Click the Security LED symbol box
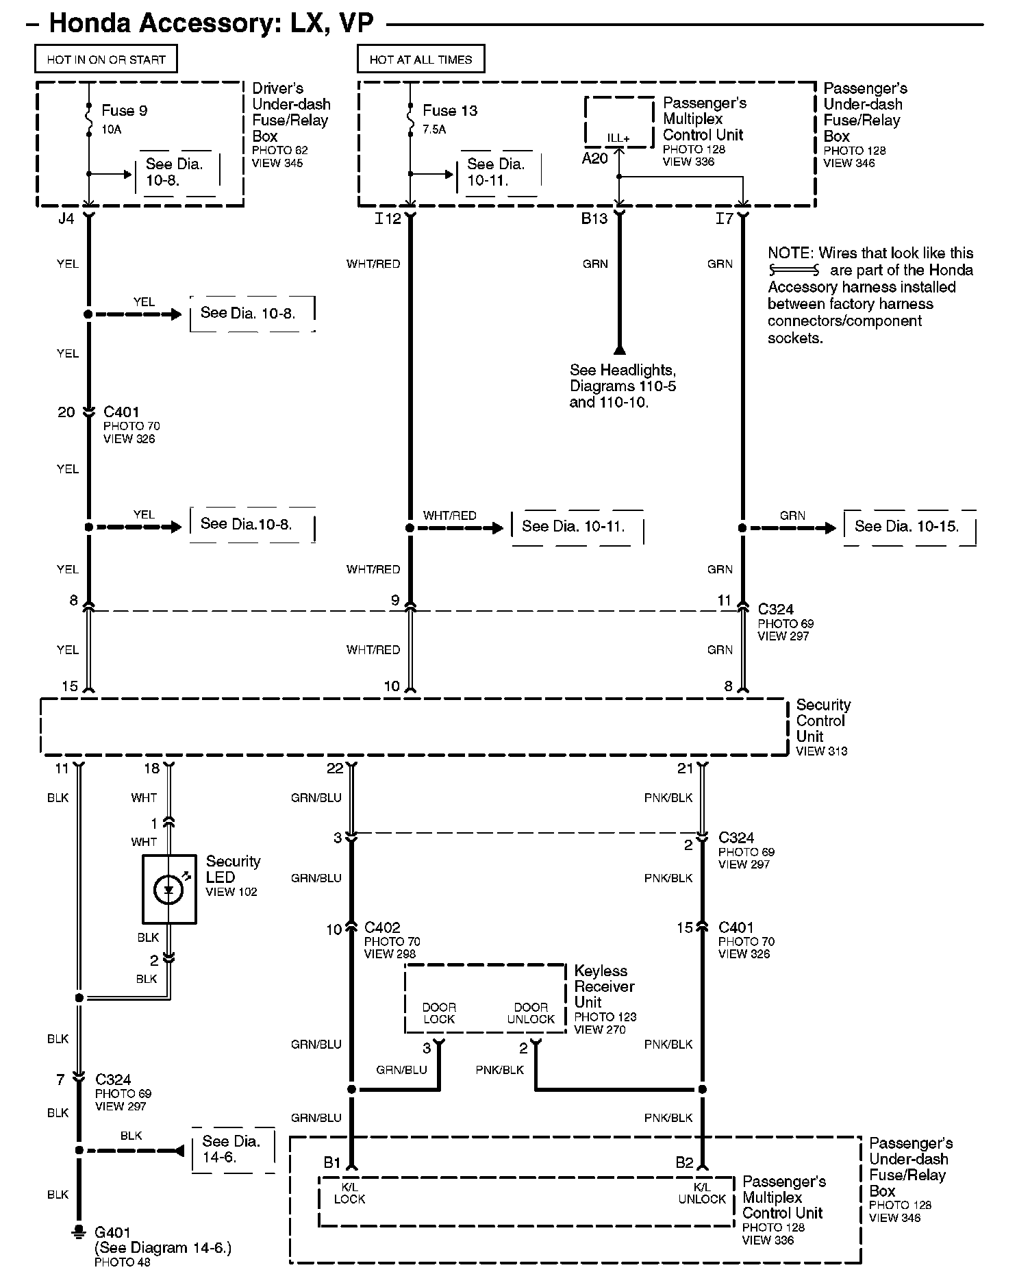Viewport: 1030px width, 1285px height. (x=169, y=889)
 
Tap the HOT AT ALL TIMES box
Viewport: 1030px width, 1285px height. (x=420, y=60)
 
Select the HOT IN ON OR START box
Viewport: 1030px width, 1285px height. (x=106, y=60)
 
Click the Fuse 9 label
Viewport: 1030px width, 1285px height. (x=124, y=110)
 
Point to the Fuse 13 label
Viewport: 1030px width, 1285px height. (x=450, y=110)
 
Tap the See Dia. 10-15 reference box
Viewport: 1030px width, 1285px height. (x=909, y=527)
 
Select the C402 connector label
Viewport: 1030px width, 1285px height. (x=382, y=927)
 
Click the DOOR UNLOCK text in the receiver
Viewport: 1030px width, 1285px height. (x=531, y=1013)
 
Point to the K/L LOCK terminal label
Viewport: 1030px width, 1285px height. (x=349, y=1193)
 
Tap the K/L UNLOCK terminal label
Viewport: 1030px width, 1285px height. (x=702, y=1193)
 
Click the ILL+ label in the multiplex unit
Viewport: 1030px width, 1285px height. (x=618, y=138)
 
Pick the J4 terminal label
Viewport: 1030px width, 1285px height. (x=66, y=219)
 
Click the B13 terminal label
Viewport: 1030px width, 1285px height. (x=594, y=219)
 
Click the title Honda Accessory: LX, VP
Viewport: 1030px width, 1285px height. (x=211, y=23)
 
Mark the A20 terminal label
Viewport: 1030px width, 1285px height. (x=594, y=158)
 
